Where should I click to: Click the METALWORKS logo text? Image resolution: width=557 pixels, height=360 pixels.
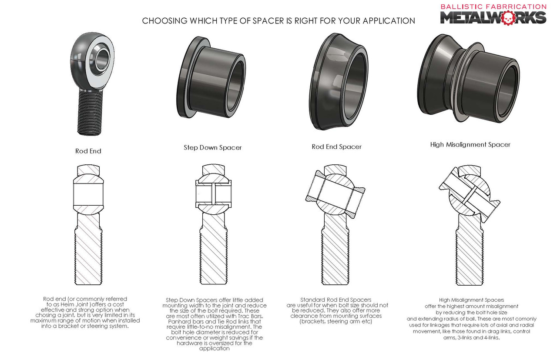(493, 17)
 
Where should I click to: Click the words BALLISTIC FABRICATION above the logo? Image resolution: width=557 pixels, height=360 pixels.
(493, 7)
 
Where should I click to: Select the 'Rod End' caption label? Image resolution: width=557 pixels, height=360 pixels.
(88, 151)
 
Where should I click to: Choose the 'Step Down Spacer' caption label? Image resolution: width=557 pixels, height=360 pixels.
(212, 147)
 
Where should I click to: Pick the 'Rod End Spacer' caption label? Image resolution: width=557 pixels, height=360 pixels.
(336, 147)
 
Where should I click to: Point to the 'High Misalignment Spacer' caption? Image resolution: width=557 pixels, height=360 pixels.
(470, 144)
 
